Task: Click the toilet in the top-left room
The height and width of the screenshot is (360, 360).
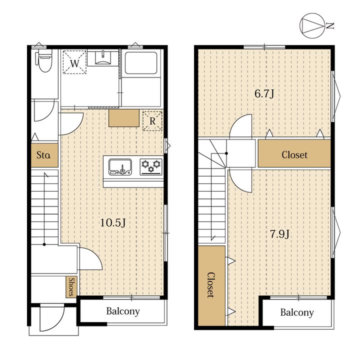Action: pos(43,60)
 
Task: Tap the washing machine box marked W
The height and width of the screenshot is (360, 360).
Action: pos(74,62)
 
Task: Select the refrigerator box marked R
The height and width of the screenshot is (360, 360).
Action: pos(152,121)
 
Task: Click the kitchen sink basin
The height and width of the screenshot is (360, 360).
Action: pos(120,166)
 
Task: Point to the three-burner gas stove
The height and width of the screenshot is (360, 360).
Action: pos(151,166)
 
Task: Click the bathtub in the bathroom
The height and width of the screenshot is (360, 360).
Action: pos(141,62)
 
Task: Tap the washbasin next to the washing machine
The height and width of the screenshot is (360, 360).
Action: pos(103,58)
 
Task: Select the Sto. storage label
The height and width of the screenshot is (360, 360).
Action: pos(43,155)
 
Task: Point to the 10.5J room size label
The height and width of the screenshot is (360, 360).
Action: pos(113,222)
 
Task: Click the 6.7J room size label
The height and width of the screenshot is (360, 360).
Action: pos(264,93)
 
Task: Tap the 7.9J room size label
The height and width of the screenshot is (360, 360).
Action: pos(279,234)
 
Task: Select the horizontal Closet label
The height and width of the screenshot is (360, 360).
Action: pos(294,155)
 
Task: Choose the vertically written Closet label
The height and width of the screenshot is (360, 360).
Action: pos(211,285)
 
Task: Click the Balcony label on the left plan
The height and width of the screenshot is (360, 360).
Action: pos(123,311)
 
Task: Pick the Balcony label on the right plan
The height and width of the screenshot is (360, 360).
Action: pos(297,312)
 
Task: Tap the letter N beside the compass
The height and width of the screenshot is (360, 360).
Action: pos(330,25)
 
